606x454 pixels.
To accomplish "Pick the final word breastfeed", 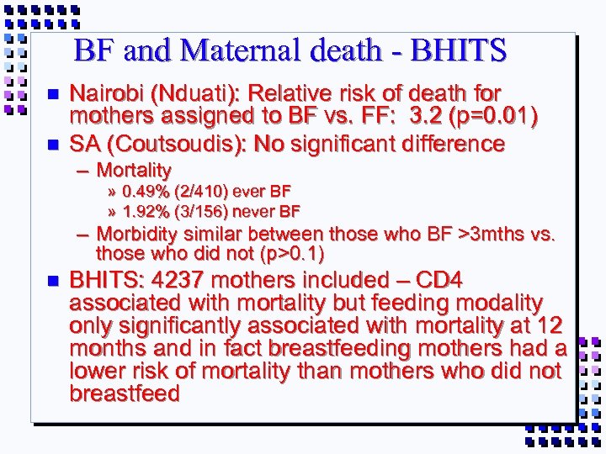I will [x=125, y=393].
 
